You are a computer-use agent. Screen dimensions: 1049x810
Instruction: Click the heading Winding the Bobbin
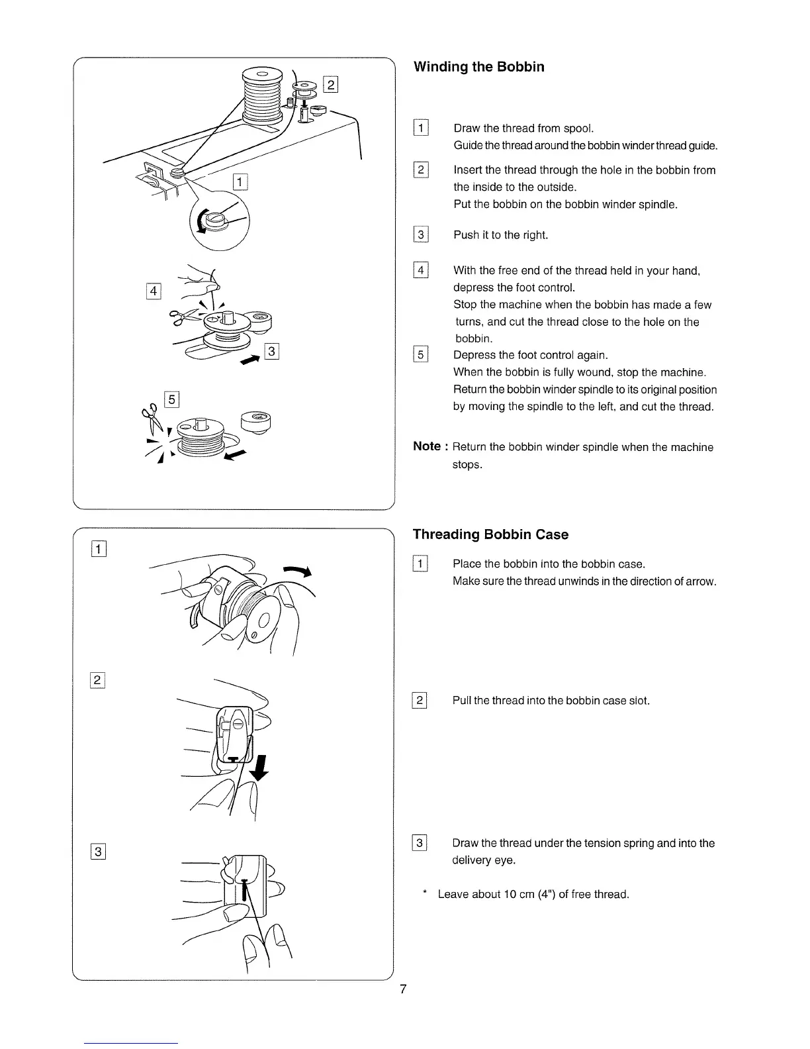[478, 67]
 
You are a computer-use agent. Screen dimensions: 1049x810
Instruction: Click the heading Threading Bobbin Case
[490, 534]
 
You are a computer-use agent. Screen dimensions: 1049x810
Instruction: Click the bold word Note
[427, 446]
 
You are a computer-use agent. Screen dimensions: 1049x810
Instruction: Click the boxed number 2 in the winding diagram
[330, 84]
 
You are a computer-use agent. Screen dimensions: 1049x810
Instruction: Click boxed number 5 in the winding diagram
[171, 399]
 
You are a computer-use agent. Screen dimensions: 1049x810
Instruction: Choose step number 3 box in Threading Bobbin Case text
[420, 843]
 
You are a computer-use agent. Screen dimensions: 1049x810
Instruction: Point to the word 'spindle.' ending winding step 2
[658, 204]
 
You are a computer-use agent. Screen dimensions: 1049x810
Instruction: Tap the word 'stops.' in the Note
[467, 464]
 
